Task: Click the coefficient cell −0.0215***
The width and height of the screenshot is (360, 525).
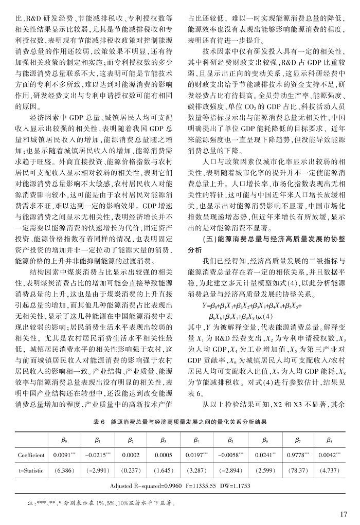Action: [x=98, y=455]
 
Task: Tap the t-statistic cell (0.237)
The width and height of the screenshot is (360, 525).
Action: [x=131, y=470]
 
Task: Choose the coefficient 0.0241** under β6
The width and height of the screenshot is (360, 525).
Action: [x=266, y=455]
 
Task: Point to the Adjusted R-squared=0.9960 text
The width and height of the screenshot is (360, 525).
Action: [x=143, y=485]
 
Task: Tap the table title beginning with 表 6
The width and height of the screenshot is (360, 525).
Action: [x=180, y=421]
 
